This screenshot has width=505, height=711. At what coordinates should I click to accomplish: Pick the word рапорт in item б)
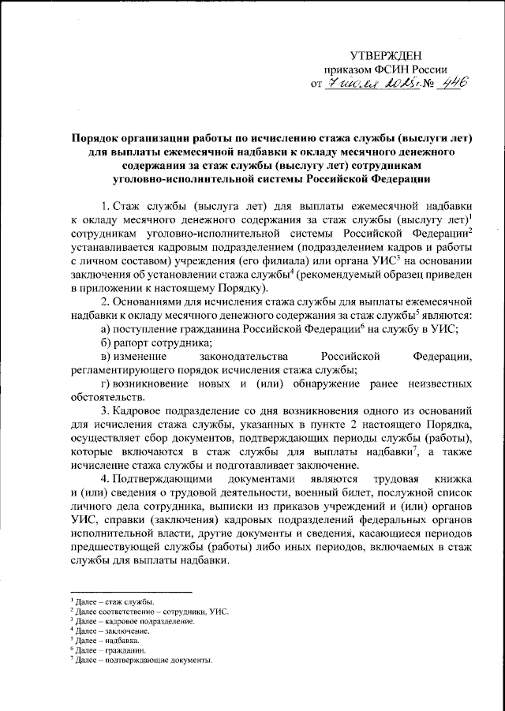tap(134, 342)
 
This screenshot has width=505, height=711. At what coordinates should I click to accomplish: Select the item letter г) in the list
tap(108, 384)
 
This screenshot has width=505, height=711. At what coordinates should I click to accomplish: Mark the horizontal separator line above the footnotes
tap(130, 592)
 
